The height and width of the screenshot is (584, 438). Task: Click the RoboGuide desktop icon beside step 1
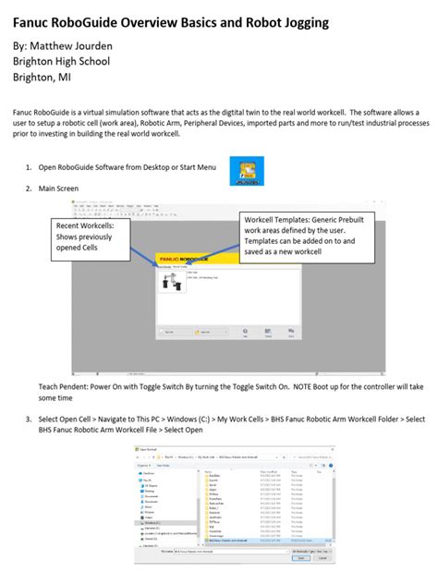[x=246, y=171]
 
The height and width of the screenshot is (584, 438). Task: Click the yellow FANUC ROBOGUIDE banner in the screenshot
[x=199, y=260]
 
